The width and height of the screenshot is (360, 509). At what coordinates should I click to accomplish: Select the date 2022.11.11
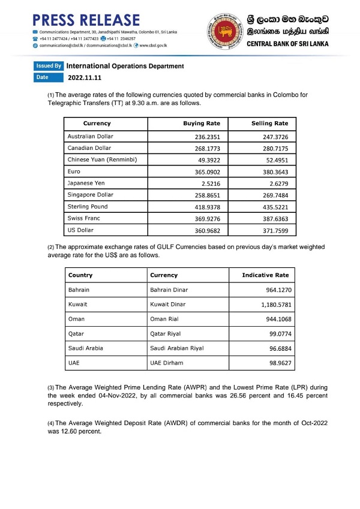click(85, 77)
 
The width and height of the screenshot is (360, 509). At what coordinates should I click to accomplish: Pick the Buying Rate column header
click(202, 124)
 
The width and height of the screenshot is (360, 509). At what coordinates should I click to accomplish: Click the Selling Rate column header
click(269, 124)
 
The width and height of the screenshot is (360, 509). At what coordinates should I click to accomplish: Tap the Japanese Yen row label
click(86, 183)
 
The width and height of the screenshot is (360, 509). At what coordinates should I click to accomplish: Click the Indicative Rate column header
click(265, 275)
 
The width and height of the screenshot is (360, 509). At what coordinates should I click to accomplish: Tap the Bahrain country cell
click(79, 290)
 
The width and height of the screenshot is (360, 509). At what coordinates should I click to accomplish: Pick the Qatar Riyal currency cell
click(165, 334)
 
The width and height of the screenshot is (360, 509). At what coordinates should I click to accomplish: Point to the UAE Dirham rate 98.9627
click(273, 363)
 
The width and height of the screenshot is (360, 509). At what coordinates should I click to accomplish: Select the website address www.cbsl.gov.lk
click(153, 45)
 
